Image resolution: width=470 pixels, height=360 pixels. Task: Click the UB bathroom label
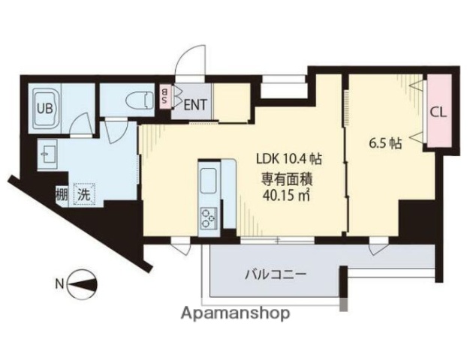point(46,106)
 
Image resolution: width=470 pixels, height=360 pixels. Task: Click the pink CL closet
point(439,112)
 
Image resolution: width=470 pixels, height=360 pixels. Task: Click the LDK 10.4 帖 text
point(290,158)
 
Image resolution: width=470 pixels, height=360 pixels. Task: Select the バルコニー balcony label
point(276,274)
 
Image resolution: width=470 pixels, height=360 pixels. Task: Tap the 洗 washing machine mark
point(84,195)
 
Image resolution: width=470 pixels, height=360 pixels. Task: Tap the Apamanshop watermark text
point(235,314)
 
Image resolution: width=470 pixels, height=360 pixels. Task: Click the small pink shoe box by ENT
point(165,98)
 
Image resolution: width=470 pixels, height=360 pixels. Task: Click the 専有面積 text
point(286,178)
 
